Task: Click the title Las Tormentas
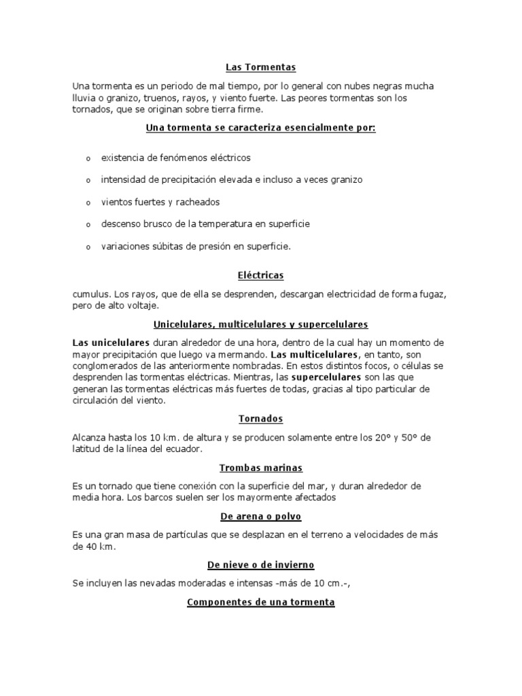[261, 67]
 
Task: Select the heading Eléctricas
[261, 275]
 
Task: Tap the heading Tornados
[261, 419]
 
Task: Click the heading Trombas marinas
[261, 468]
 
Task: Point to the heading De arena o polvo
[261, 517]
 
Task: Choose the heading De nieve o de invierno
[261, 565]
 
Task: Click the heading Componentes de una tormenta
[261, 602]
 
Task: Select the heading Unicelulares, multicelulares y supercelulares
[261, 324]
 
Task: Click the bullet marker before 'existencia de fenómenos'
[88, 158]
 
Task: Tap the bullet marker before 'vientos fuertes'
[88, 203]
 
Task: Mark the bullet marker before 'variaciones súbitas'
[88, 247]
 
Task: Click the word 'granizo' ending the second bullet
[347, 179]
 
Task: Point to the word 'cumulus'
[90, 294]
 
